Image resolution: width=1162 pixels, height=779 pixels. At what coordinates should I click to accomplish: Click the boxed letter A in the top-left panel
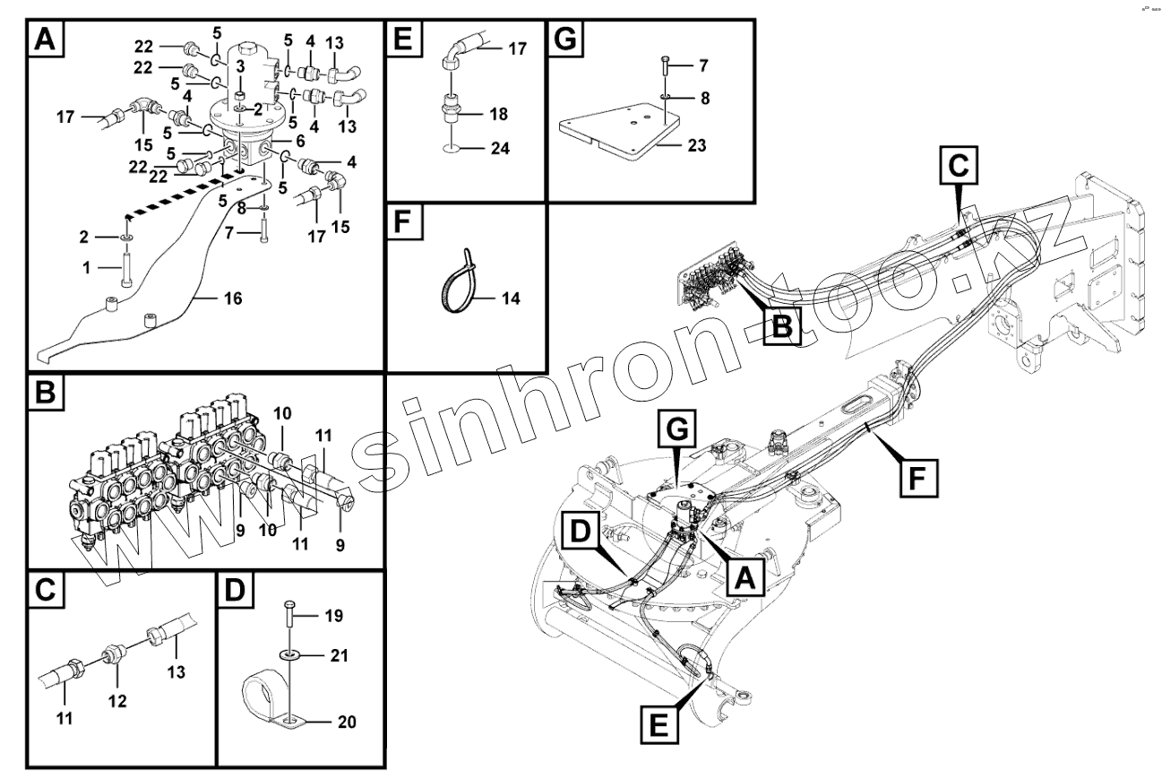coord(47,40)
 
